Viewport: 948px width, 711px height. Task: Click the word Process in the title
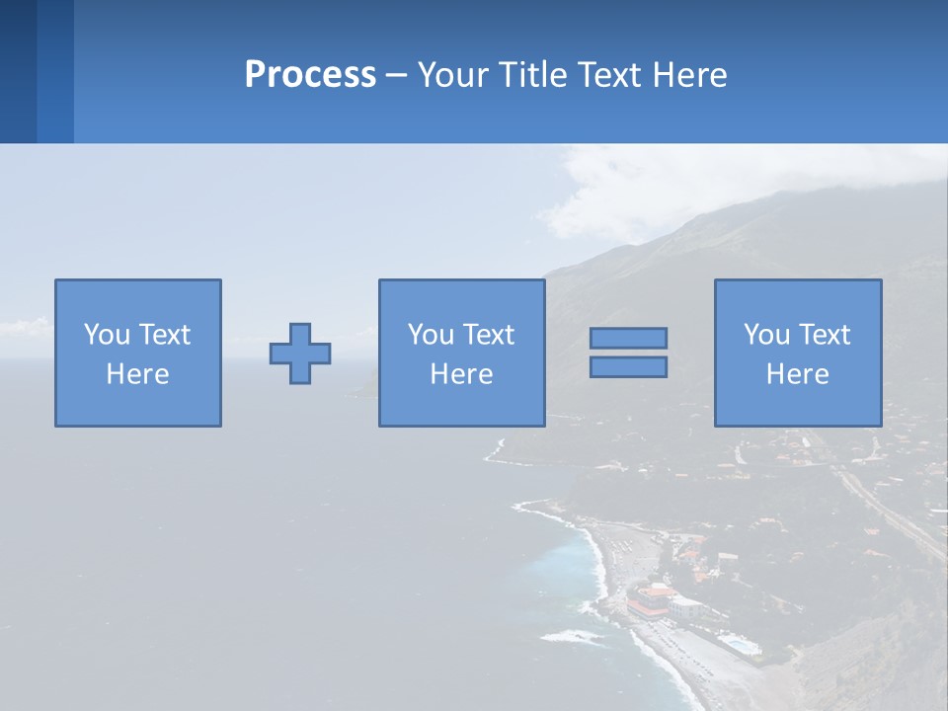[310, 75]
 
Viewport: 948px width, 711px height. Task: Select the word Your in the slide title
[451, 75]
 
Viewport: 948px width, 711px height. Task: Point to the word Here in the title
[686, 75]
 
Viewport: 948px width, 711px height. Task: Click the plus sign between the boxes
[300, 354]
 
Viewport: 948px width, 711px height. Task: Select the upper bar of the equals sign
[628, 338]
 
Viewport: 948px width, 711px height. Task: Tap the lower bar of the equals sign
[628, 366]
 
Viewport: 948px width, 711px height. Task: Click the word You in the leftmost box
[105, 335]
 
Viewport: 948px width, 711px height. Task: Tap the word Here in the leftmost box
[138, 374]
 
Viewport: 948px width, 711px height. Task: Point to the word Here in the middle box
[461, 374]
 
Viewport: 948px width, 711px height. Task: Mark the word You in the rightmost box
[765, 335]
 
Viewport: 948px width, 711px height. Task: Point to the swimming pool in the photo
[739, 645]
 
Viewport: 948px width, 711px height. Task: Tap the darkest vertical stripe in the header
[18, 71]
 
